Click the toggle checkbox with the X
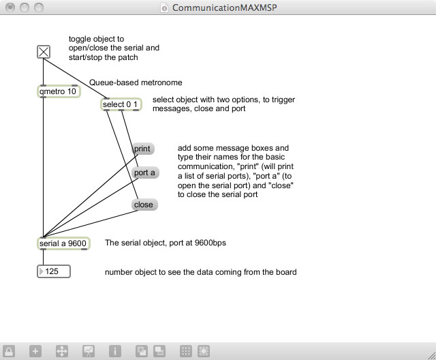pos(44,52)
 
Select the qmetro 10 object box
pos(59,91)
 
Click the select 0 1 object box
pos(121,104)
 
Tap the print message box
pos(143,149)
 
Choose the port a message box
pos(145,172)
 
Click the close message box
pos(144,205)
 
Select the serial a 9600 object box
pos(63,243)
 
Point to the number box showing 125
pos(54,271)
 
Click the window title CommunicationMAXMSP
pos(224,7)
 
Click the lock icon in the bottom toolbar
pos(9,351)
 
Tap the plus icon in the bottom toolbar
pos(35,351)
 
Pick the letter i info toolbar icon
pos(115,351)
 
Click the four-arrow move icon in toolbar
pos(62,351)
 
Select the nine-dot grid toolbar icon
pos(186,351)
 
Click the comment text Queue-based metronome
pos(136,82)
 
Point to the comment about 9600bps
pos(166,243)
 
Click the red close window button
pos(10,7)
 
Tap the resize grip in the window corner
pos(431,355)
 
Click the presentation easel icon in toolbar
pos(89,351)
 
